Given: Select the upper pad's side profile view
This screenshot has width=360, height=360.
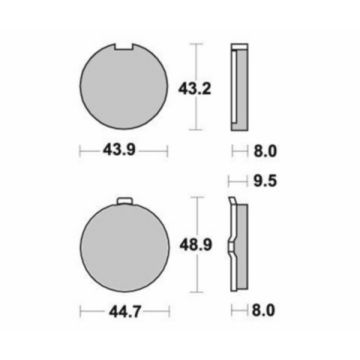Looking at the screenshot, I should [x=237, y=87].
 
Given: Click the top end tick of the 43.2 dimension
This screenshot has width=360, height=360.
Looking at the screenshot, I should [x=198, y=44].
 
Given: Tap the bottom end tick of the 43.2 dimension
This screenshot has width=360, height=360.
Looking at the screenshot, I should [x=198, y=131].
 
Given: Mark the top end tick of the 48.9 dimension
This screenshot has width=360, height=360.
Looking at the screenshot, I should [x=198, y=199].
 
